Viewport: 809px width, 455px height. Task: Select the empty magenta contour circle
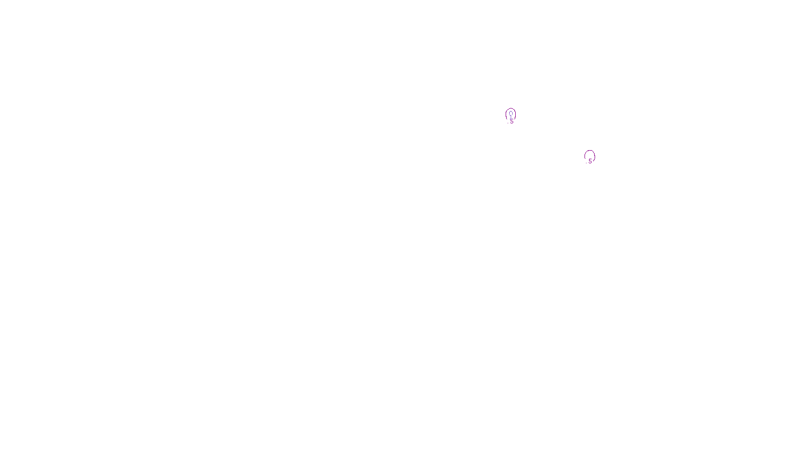click(x=585, y=155)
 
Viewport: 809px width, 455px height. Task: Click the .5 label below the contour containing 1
click(x=512, y=121)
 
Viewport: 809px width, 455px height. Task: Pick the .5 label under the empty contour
click(x=590, y=161)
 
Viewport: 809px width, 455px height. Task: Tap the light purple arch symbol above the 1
click(x=511, y=113)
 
